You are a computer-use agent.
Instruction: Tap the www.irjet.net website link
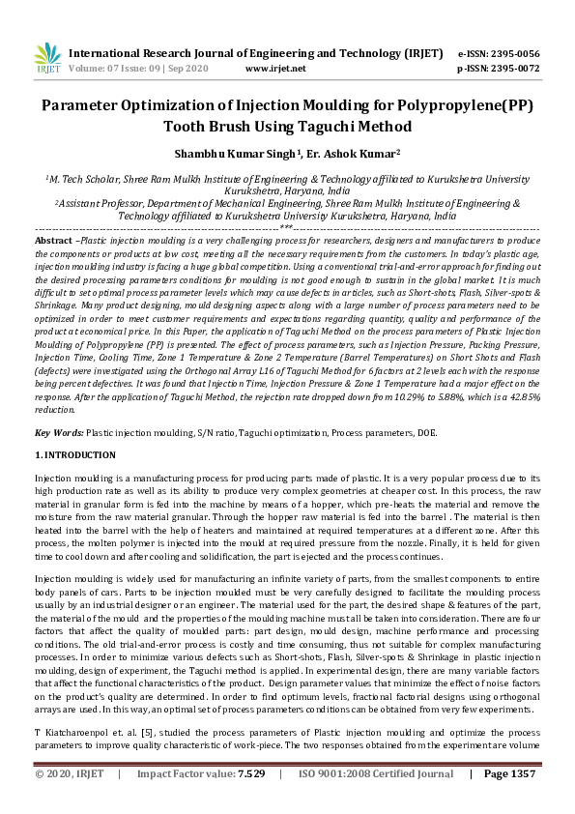point(275,69)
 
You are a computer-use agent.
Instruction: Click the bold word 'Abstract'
point(53,239)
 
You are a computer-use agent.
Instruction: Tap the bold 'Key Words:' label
point(59,432)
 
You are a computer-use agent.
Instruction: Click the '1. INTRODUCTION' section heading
point(75,455)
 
